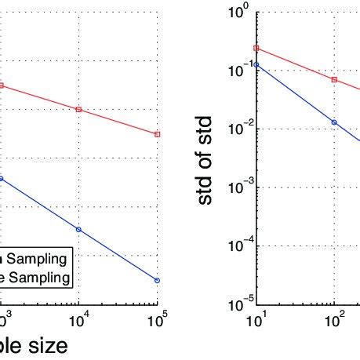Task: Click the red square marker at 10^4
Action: click(79, 109)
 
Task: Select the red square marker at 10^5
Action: click(158, 135)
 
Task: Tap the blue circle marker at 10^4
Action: click(79, 229)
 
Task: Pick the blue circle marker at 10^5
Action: click(158, 280)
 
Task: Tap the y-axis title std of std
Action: click(205, 157)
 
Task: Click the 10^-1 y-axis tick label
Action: click(237, 71)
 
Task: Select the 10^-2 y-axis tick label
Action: click(237, 129)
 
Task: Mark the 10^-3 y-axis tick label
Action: click(237, 187)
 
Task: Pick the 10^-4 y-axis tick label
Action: click(237, 245)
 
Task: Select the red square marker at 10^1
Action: click(256, 49)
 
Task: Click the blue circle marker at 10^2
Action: click(335, 122)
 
